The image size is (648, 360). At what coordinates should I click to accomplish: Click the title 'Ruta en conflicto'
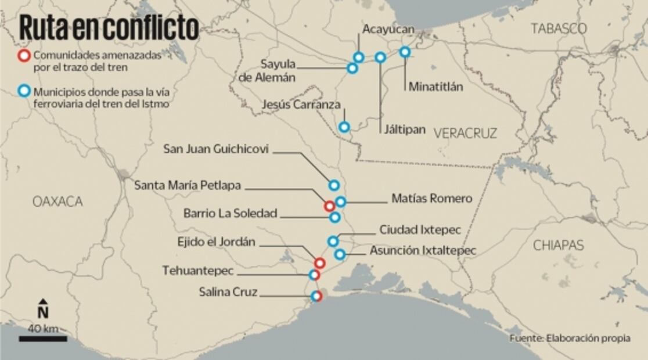tap(109, 27)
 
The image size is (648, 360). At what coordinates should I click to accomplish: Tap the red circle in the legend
tap(24, 56)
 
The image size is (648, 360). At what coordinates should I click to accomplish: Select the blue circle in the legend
tap(24, 92)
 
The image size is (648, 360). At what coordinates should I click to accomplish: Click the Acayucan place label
tap(389, 28)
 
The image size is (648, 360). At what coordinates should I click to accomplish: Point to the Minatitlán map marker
tap(405, 52)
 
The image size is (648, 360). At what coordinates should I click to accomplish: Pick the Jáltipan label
tap(405, 129)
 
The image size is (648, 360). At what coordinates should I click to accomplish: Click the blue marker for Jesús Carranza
tap(344, 127)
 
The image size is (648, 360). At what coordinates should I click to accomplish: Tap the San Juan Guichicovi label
tap(216, 149)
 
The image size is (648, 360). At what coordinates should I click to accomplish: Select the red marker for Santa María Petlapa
tap(329, 206)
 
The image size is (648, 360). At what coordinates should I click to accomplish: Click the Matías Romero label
tap(431, 199)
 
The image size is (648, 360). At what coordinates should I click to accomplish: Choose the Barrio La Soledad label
tap(230, 213)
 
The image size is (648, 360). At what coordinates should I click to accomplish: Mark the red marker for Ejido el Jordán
tap(319, 263)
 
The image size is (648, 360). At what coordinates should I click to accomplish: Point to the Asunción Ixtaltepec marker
tap(340, 254)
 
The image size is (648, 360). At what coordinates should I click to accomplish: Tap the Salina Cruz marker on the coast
tap(316, 296)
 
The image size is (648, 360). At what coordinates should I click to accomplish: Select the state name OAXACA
tap(58, 201)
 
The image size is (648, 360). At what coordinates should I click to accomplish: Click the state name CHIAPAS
tap(558, 245)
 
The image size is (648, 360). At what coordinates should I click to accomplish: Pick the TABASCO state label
tap(559, 28)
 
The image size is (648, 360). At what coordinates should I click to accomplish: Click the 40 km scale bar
tap(42, 338)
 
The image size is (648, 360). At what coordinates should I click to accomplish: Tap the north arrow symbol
tap(42, 309)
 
